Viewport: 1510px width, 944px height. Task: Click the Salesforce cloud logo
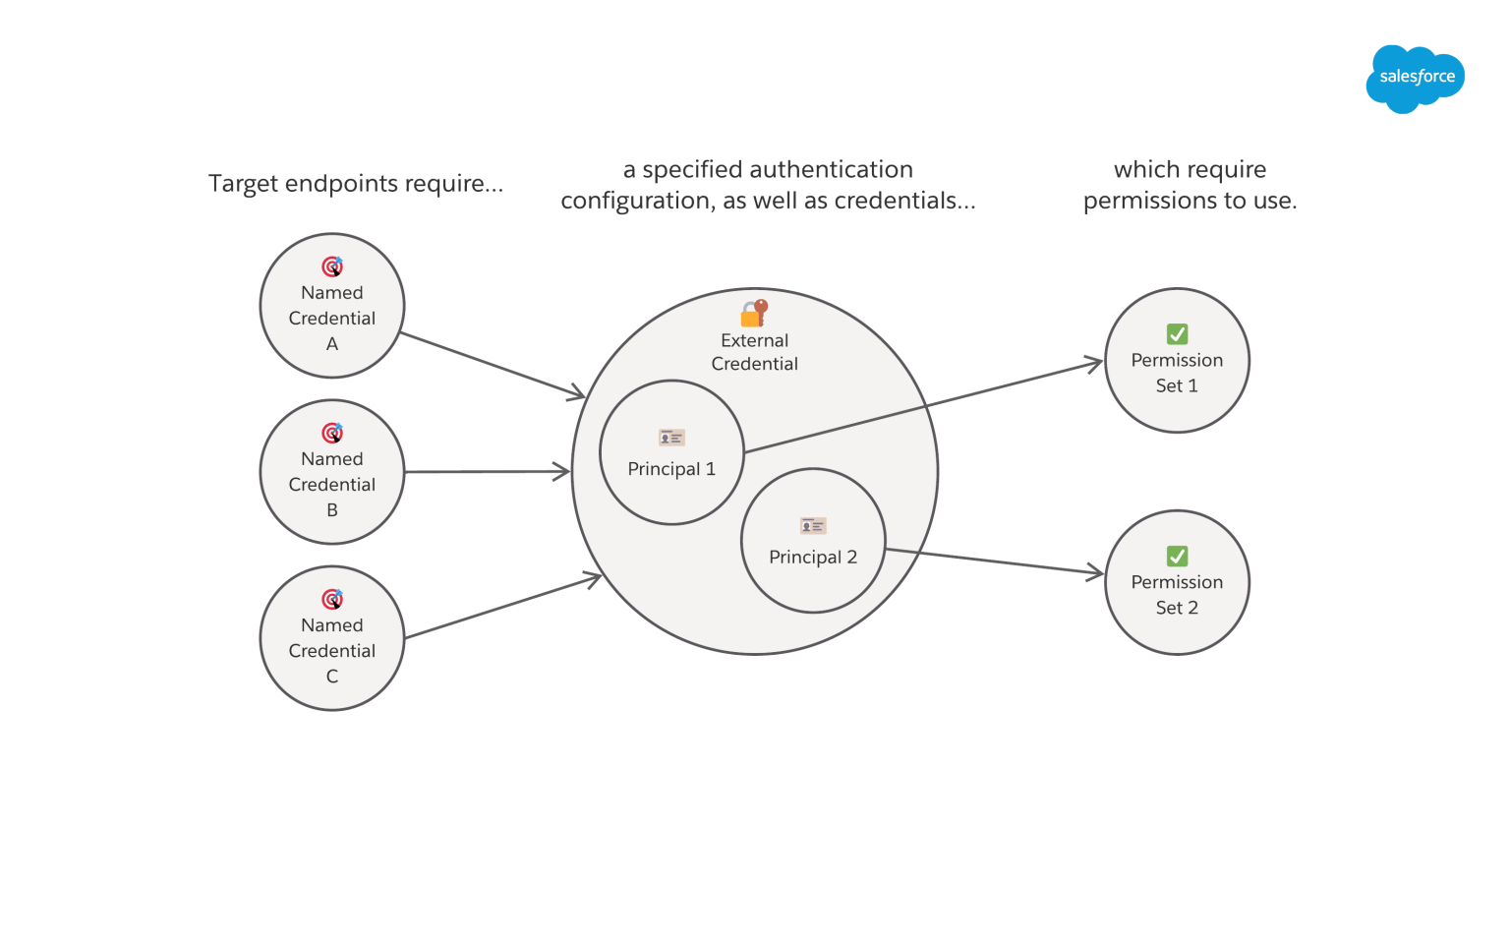[1415, 78]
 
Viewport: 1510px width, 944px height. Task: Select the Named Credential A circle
[332, 306]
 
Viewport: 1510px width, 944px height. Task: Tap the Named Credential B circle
[332, 472]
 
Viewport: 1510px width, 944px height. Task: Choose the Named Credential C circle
[332, 638]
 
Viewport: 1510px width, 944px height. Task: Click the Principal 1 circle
[671, 453]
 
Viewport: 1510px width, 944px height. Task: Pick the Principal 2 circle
[813, 541]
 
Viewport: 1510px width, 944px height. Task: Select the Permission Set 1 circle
[1177, 361]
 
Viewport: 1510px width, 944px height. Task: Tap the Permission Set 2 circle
[1177, 583]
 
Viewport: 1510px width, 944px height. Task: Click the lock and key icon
[754, 314]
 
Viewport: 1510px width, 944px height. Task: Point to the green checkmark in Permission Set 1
[1177, 334]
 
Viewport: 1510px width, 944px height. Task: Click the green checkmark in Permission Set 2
[1177, 557]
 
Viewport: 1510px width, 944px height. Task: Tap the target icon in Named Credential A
[333, 266]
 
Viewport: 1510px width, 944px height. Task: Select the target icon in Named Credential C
[333, 599]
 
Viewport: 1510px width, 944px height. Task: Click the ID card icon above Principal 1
[671, 438]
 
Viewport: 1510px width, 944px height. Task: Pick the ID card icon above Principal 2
[813, 526]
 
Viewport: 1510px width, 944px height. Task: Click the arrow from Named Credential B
[487, 472]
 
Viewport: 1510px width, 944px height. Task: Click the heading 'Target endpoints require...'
[356, 184]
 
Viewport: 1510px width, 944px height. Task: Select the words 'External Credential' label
[754, 352]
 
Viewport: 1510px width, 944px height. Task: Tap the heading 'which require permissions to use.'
[1190, 185]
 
